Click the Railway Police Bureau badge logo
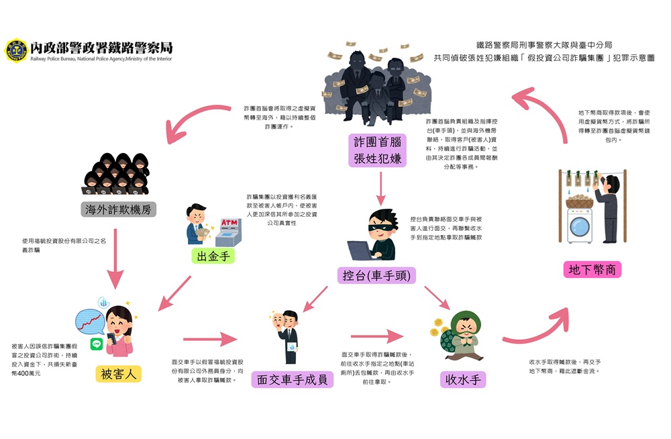[x=15, y=50]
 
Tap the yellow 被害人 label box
[x=118, y=373]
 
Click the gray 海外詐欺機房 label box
[x=117, y=209]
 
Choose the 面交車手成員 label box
[x=292, y=379]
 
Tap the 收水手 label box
[x=462, y=379]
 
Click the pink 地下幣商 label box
[x=592, y=270]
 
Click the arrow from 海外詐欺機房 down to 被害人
[x=116, y=257]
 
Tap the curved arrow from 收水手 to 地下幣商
[x=537, y=329]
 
